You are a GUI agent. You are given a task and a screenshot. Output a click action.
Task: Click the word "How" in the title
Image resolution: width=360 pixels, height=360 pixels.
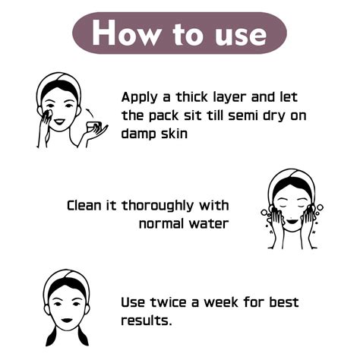(126, 33)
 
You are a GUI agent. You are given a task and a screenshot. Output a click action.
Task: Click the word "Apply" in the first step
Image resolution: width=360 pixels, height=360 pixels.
(140, 98)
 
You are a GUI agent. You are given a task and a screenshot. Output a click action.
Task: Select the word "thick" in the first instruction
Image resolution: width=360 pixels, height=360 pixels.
(191, 97)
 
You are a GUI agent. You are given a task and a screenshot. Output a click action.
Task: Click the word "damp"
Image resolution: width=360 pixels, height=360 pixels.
(139, 134)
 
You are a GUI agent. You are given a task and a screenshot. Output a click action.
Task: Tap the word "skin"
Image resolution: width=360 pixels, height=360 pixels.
(174, 133)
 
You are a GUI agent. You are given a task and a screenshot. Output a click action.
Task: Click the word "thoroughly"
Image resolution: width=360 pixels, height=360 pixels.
(158, 207)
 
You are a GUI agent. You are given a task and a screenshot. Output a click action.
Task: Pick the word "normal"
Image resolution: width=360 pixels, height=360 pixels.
(161, 223)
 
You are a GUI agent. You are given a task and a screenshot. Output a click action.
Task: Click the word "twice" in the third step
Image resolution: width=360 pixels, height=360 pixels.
(169, 302)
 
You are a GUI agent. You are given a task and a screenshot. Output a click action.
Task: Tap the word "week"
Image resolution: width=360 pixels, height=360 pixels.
(221, 302)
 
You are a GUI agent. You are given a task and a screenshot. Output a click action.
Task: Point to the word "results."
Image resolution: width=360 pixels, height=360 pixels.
(147, 321)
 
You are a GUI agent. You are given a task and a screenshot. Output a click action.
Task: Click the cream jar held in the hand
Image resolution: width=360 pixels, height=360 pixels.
(93, 126)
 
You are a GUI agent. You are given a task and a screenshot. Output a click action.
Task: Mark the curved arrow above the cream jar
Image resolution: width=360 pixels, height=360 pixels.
(90, 112)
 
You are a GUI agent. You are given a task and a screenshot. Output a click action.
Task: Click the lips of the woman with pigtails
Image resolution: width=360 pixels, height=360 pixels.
(67, 320)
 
